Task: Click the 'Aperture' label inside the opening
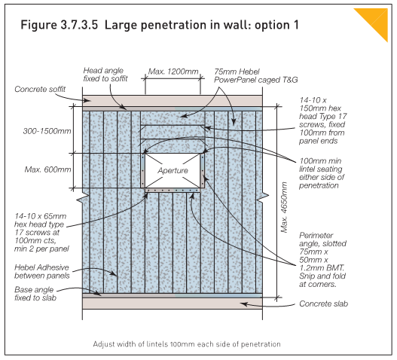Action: pos(173,171)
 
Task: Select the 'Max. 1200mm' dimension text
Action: pos(174,72)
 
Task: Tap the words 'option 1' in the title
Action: pos(273,25)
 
